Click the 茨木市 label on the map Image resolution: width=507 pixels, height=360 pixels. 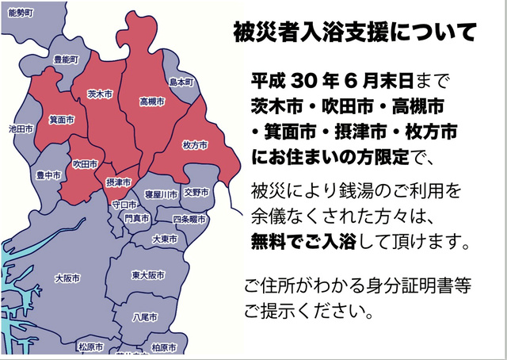pos(99,94)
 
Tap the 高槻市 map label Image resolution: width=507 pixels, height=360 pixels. pos(151,102)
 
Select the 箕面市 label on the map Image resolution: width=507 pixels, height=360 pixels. pos(62,120)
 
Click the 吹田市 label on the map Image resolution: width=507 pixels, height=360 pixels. pos(85,164)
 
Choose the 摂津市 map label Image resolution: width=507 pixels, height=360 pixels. pos(119,182)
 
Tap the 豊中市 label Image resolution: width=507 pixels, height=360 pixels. pos(48,175)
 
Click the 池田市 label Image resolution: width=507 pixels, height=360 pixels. pos(20,128)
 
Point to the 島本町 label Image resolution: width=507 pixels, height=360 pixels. pos(181,82)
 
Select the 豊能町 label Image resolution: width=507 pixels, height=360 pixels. pos(66,60)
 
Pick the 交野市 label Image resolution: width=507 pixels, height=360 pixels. pos(196,192)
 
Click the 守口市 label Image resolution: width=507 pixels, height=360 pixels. pos(124,204)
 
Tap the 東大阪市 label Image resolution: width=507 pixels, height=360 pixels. pos(148,275)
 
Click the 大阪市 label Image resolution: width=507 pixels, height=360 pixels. pos(67,278)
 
